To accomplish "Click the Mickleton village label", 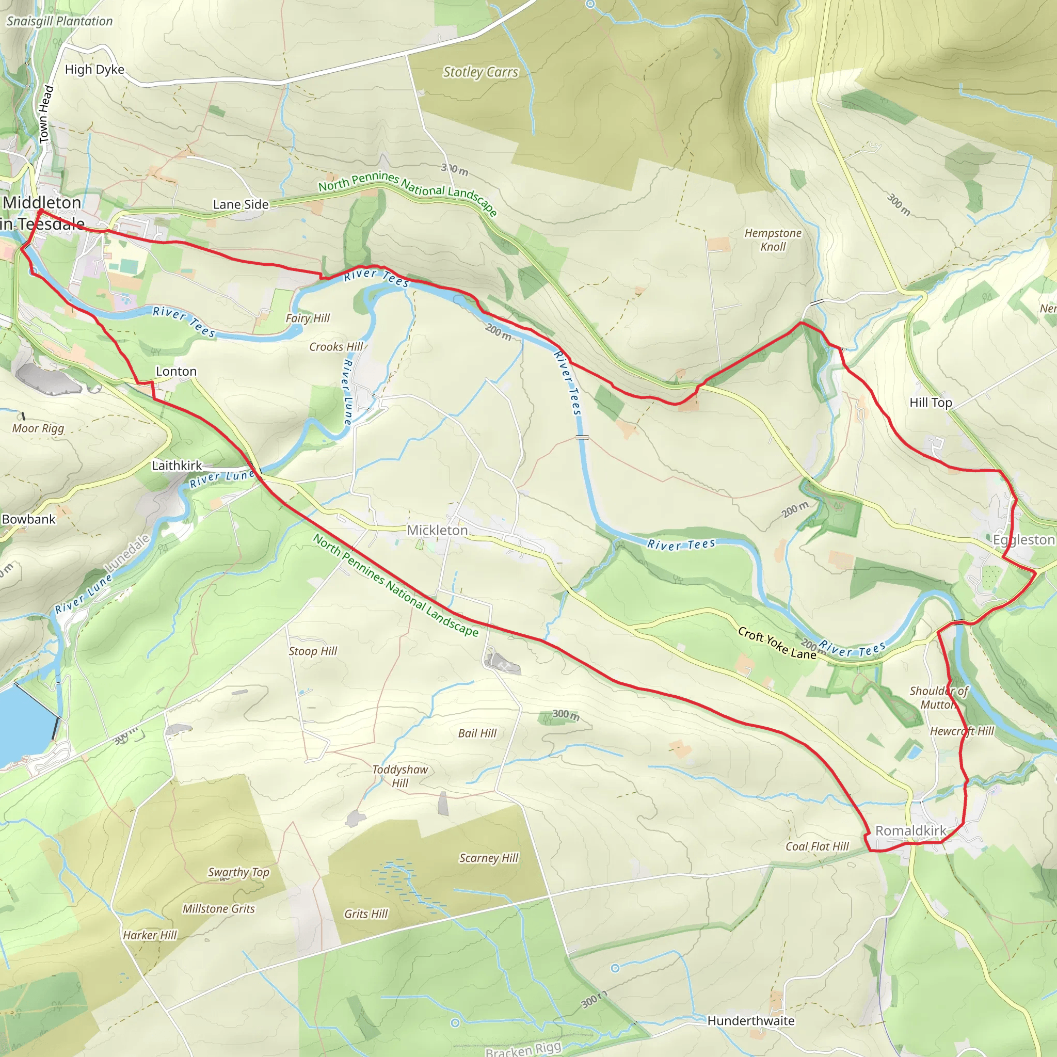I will point(437,530).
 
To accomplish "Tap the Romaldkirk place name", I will point(910,830).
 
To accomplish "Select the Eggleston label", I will point(1023,540).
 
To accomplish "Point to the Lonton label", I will point(176,372).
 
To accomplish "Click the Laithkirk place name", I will point(177,466).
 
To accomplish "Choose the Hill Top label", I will point(931,403).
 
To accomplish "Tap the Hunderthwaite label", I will point(750,1021).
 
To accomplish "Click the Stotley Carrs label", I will point(481,72).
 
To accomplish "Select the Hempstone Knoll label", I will point(773,239).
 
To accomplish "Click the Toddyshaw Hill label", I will point(400,776).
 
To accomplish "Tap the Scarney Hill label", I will point(489,858).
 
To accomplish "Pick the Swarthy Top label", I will point(238,872).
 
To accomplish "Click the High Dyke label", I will point(94,70).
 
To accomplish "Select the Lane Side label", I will point(241,204).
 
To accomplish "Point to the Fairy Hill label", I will point(308,318).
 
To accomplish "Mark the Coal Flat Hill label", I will point(817,846).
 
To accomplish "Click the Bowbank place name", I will point(28,519).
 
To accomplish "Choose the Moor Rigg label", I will point(38,428).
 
